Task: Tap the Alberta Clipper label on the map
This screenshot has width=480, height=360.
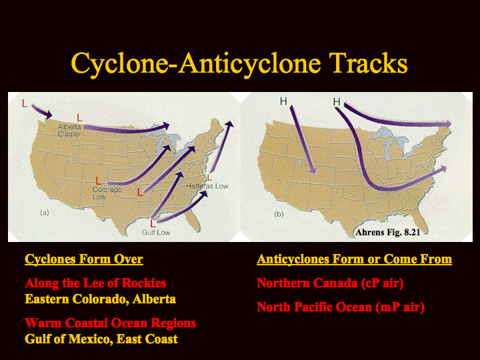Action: (x=69, y=131)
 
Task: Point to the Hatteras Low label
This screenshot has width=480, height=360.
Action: (x=207, y=186)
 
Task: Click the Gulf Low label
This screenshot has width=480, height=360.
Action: (x=156, y=233)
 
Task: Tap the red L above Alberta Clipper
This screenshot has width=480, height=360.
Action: (x=79, y=117)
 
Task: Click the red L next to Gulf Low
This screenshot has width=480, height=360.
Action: (x=153, y=223)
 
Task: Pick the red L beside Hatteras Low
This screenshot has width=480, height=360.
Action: (x=209, y=177)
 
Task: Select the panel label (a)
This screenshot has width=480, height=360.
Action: (x=45, y=213)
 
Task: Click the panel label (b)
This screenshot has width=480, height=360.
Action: (x=279, y=214)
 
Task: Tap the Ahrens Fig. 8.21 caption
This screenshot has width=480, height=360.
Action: (x=387, y=233)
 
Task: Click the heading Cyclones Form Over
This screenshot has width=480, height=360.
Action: (x=84, y=259)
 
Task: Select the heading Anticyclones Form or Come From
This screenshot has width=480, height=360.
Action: (x=354, y=259)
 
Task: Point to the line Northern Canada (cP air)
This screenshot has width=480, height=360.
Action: (x=330, y=283)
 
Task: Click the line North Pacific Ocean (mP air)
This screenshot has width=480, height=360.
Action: (x=341, y=307)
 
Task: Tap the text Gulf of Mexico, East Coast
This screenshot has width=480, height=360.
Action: (x=101, y=339)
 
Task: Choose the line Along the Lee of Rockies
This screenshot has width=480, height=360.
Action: (x=95, y=283)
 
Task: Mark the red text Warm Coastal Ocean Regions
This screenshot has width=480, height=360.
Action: (x=111, y=323)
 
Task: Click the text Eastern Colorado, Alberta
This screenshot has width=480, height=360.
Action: (x=101, y=299)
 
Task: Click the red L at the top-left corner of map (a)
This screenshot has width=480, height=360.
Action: (x=25, y=103)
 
